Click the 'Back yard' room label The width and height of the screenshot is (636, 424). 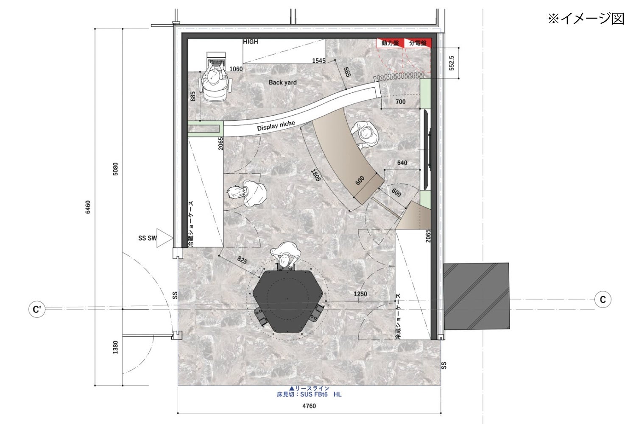282,83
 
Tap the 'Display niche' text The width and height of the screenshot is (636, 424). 276,126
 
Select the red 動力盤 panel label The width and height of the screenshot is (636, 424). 390,43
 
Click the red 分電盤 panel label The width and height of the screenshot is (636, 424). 418,43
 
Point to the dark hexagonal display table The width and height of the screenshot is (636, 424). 287,301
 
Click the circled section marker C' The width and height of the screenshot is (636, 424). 37,309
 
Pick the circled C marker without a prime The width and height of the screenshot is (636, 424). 603,299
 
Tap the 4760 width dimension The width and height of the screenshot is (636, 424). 309,406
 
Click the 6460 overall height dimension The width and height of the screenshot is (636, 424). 88,207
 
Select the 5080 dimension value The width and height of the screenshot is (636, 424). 115,169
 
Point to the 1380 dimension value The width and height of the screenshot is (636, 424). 115,347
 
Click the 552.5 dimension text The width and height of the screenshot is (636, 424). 452,63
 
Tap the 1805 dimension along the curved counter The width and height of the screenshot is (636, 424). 316,175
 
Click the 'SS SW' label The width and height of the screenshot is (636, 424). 148,238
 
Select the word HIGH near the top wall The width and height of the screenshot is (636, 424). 251,42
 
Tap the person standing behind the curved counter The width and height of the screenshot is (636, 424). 365,134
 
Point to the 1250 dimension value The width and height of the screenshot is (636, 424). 360,294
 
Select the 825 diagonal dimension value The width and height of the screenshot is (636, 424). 242,260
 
